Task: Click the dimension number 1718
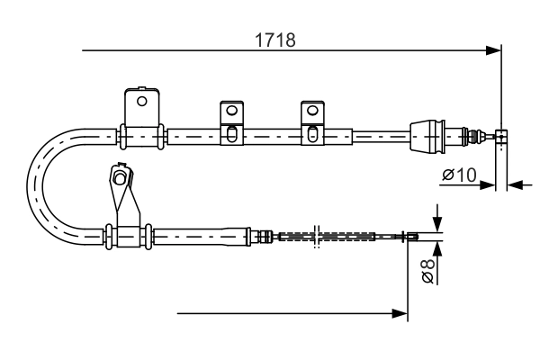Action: tap(274, 40)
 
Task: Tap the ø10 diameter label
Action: tap(459, 175)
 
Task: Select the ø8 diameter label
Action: tap(427, 271)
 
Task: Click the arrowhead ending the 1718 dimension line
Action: tap(493, 50)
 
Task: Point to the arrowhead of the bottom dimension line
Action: tap(400, 313)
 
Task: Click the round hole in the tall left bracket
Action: tap(141, 102)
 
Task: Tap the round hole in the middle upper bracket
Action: tap(232, 111)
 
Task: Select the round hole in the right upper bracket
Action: tap(312, 111)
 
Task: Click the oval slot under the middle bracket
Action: tap(232, 134)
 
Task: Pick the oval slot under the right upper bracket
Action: tap(312, 134)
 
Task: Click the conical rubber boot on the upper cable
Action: tap(427, 136)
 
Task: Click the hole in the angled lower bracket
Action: tap(120, 178)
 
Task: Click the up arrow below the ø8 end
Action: tap(437, 248)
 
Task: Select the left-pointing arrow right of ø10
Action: tap(515, 185)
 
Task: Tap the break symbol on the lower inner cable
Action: tap(317, 237)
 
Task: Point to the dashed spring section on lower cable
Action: tap(327, 237)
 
